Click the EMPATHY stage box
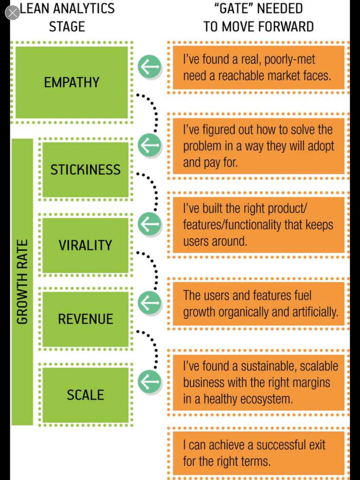(71, 82)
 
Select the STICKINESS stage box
(85, 170)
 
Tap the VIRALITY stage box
(85, 245)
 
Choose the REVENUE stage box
(85, 319)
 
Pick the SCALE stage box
(85, 395)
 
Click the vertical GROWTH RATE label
(22, 282)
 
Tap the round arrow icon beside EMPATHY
(150, 66)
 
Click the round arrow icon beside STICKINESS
(150, 145)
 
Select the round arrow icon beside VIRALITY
(150, 224)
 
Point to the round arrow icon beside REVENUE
(150, 303)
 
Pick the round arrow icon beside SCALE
(150, 382)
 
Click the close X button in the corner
(12, 13)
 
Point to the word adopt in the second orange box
(320, 146)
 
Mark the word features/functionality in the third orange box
(232, 225)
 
